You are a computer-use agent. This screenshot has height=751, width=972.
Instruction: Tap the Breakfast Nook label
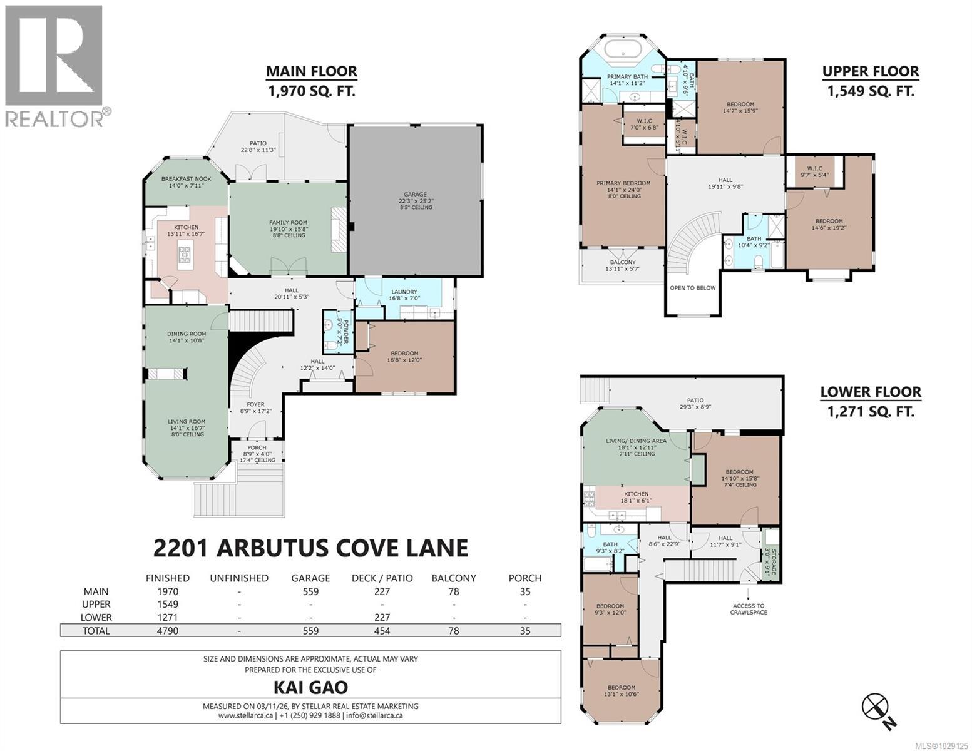[186, 179]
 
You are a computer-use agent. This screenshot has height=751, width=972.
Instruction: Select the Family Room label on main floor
[288, 223]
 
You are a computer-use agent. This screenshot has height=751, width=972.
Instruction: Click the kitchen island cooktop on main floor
[186, 253]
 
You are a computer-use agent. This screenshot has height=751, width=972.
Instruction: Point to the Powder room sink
[329, 324]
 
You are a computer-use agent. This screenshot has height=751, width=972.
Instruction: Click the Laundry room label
[404, 292]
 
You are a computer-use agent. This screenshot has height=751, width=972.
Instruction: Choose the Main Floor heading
[312, 71]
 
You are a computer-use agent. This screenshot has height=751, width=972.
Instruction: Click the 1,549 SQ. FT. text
[871, 91]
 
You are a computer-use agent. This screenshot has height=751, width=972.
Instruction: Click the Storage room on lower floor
[771, 554]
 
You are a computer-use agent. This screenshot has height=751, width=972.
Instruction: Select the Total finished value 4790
[167, 630]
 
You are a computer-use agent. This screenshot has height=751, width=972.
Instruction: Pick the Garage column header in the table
[310, 578]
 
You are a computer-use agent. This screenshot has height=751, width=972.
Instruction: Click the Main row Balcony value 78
[453, 591]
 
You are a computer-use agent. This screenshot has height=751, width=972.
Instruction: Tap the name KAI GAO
[310, 687]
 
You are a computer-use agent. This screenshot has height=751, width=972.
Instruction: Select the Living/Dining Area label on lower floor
[636, 441]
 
